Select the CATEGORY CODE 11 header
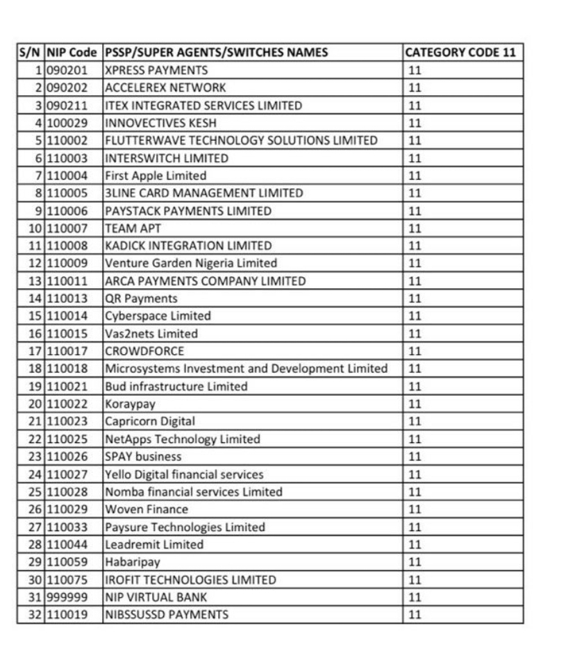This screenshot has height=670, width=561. pos(462,53)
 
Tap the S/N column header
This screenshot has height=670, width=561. pos(31,53)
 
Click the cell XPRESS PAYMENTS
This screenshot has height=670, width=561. pos(156,70)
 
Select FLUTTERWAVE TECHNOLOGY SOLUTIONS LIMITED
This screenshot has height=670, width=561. pos(241,140)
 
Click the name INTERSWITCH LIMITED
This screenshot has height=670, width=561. pos(166,158)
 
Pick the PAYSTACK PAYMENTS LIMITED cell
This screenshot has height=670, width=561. pos(187,211)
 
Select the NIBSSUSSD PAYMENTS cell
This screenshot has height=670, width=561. pos(166,614)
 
